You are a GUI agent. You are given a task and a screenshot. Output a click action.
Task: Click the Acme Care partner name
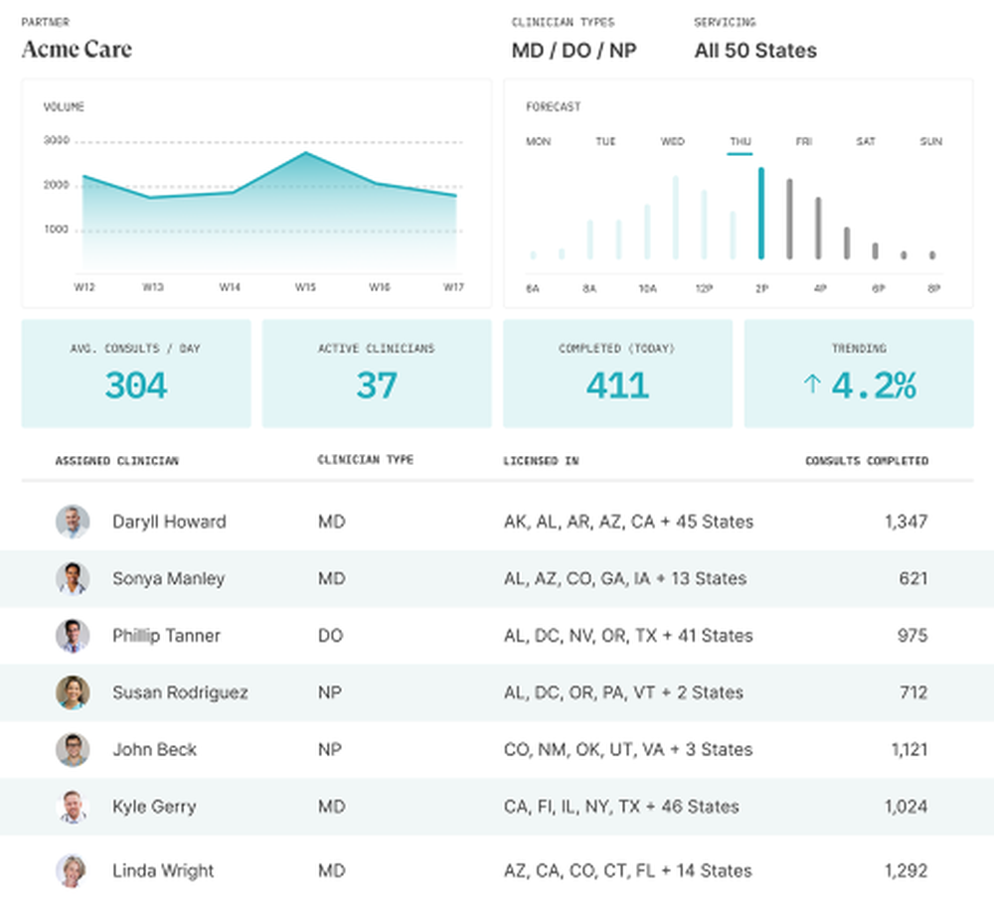[77, 50]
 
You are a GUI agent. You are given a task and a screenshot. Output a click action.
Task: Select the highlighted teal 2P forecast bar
[761, 214]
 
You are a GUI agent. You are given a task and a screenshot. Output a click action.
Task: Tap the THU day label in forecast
[740, 142]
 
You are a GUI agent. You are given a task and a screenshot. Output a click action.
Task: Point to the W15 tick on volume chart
[305, 287]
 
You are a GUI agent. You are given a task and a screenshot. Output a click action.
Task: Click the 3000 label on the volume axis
[57, 141]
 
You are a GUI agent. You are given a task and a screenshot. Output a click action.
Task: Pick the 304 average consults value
[136, 385]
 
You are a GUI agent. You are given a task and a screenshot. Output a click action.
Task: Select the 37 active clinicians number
[377, 385]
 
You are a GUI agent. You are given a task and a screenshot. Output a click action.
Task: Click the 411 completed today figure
[617, 385]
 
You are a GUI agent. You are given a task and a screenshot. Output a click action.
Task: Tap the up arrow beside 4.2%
[811, 384]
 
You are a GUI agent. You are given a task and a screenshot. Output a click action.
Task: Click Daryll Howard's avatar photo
[73, 522]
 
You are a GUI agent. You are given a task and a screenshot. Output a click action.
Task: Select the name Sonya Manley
[168, 578]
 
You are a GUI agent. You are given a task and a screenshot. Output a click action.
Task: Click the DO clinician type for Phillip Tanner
[330, 636]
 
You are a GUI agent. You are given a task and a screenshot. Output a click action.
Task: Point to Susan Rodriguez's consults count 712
[912, 692]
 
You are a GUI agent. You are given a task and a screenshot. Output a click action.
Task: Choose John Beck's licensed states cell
[627, 749]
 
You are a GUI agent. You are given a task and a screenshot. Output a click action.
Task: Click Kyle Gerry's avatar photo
[73, 807]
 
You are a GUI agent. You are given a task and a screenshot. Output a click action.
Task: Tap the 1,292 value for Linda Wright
[906, 870]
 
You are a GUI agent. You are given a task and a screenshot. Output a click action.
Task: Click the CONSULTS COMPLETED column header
[866, 461]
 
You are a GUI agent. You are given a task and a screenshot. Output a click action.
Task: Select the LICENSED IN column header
[541, 461]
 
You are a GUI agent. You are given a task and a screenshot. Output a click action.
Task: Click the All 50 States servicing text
[755, 51]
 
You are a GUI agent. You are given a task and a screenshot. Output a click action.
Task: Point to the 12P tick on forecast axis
[704, 288]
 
